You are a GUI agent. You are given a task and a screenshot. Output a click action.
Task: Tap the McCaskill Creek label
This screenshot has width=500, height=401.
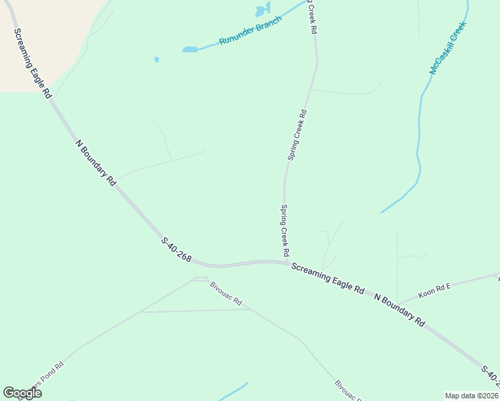click(447, 48)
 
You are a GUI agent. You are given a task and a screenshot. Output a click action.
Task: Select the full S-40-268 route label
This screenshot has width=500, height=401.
click(176, 249)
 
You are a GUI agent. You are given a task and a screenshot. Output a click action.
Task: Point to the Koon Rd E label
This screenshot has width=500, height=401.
click(434, 289)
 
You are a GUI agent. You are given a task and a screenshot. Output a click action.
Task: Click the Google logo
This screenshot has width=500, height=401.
click(22, 392)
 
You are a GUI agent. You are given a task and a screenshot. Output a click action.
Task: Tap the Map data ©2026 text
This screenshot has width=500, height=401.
click(471, 396)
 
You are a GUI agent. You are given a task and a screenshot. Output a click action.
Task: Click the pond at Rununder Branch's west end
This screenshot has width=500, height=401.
click(191, 49)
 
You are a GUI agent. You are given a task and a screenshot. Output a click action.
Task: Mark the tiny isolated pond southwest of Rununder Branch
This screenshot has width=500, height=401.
click(156, 59)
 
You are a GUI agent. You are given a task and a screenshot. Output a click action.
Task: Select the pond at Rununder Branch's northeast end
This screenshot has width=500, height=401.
click(261, 10)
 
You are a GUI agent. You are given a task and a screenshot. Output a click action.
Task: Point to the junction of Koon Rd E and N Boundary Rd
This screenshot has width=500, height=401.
click(397, 303)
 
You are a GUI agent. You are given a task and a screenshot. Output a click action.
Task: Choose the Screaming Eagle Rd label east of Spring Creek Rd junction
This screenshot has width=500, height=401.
click(328, 278)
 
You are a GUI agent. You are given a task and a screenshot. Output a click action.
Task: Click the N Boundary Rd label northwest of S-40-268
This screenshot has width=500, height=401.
click(96, 162)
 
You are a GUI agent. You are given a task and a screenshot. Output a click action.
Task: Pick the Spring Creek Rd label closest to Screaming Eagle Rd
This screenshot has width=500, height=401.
click(284, 231)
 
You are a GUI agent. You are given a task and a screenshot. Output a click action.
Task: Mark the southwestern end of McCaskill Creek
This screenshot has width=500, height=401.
click(382, 213)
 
